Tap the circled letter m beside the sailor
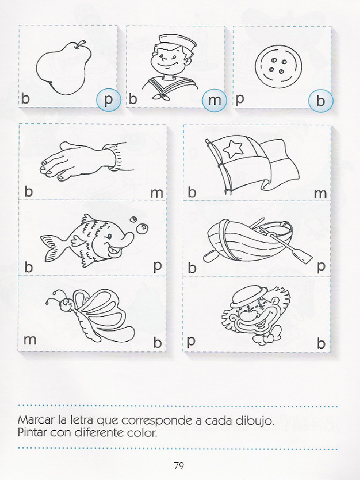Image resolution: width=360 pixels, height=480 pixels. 214,100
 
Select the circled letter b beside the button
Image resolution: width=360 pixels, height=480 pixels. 320,101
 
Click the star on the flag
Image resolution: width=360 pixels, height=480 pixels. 232,148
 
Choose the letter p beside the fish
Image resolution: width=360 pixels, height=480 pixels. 157,266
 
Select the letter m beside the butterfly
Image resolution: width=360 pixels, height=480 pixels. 30,339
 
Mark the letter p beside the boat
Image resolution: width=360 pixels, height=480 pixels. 321,267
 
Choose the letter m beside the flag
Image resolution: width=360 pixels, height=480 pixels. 321,194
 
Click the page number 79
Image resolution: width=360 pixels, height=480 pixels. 179,465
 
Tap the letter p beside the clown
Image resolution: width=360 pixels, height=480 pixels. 191,341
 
